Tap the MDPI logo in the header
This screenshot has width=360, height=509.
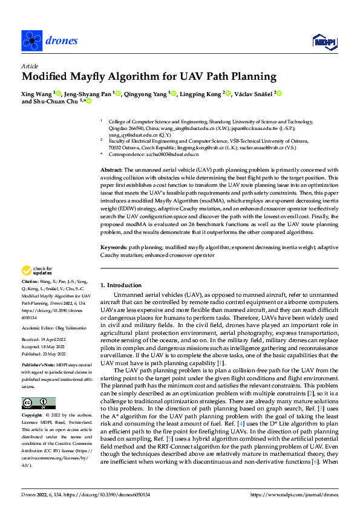pos(324,41)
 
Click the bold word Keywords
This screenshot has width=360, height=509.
pos(113,248)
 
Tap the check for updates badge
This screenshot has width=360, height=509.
pos(38,270)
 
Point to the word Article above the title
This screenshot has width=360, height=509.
pos(30,66)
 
